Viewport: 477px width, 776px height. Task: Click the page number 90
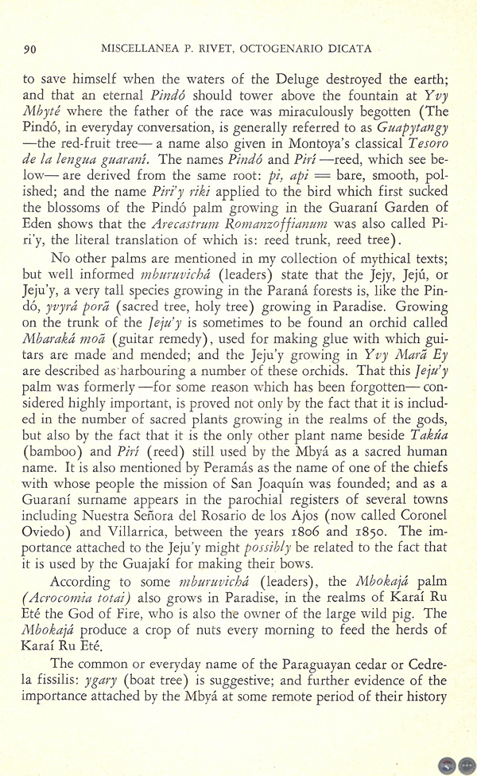[31, 49]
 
